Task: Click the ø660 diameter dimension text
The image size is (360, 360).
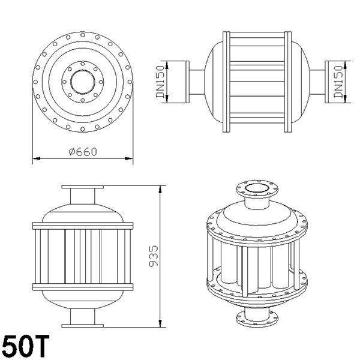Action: (83, 152)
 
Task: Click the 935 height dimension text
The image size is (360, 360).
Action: (154, 256)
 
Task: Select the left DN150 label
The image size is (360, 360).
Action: (160, 82)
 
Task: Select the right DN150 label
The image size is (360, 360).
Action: (338, 82)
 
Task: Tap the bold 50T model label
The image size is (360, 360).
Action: (26, 346)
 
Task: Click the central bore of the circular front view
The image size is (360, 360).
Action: (83, 82)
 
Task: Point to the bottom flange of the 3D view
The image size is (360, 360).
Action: (257, 319)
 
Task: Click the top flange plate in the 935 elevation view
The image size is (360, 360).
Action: (83, 187)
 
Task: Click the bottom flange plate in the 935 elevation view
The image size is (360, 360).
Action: (83, 326)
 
